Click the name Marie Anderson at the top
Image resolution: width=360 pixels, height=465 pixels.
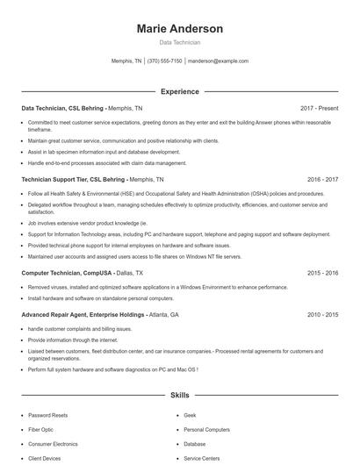[179, 29]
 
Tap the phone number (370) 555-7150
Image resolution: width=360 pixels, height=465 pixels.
[164, 61]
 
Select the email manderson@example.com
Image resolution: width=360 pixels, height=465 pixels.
[219, 61]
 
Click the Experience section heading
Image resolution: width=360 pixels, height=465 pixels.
[179, 91]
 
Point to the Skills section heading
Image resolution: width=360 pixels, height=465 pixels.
[179, 396]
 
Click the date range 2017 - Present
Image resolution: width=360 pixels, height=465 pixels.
[319, 108]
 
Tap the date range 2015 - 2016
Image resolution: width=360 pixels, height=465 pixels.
[322, 273]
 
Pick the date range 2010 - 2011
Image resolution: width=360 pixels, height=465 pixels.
[322, 314]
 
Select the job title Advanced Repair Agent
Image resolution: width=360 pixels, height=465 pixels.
[60, 314]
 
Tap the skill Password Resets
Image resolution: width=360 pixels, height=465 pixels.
[47, 415]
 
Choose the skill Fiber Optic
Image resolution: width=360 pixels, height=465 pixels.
[41, 430]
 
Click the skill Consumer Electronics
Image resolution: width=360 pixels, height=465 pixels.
[54, 444]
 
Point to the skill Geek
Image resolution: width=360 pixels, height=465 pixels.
[190, 415]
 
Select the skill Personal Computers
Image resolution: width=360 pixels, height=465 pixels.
[206, 430]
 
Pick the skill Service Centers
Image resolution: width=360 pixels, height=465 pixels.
[202, 458]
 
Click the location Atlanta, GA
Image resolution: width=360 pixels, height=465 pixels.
[163, 314]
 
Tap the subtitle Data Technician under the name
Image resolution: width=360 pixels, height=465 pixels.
[179, 42]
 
